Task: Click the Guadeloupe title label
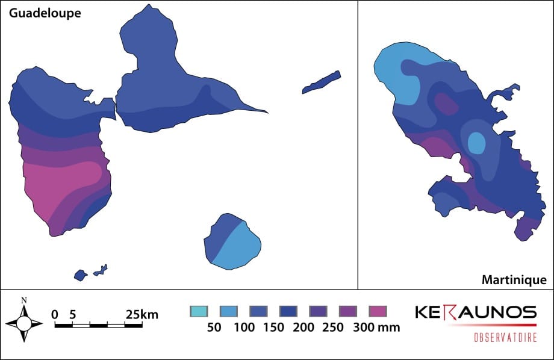[44, 13]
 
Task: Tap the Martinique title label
[514, 280]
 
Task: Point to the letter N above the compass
[23, 300]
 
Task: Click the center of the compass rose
[23, 323]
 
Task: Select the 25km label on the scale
[142, 314]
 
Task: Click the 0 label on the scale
[55, 314]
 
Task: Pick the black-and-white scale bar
[98, 325]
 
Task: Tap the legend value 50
[214, 327]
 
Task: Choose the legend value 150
[273, 327]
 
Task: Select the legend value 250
[333, 327]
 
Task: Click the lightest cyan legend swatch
[199, 311]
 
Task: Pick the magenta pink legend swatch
[378, 311]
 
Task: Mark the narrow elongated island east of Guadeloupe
[322, 82]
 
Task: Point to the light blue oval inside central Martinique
[476, 143]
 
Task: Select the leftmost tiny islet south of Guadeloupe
[80, 275]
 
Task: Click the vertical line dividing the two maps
[358, 144]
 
